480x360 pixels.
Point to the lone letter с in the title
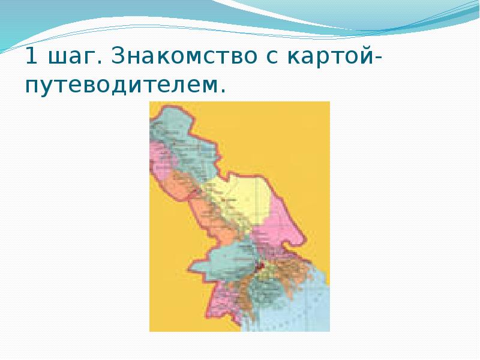274,59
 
